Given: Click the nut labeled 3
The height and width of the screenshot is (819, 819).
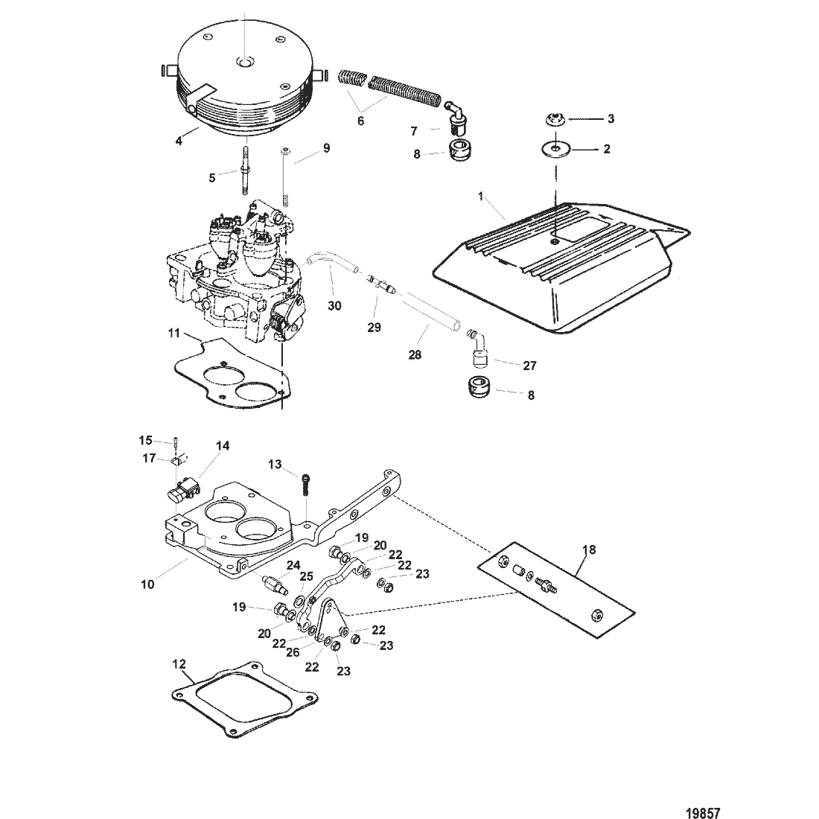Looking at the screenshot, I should (179, 139).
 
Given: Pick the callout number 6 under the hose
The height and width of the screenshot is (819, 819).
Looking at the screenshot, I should (453, 115).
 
